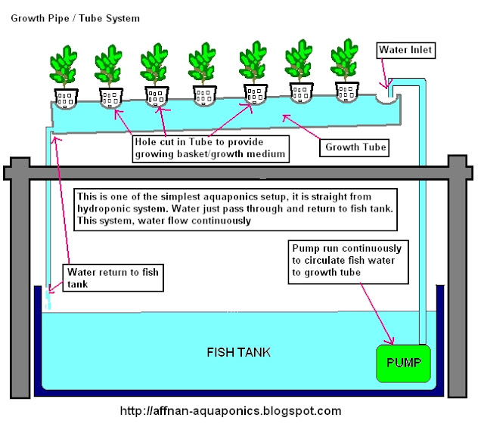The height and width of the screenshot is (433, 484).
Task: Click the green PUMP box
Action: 402,363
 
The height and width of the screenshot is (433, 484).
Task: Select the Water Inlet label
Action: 407,51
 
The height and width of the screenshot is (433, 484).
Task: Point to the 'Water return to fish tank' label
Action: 114,277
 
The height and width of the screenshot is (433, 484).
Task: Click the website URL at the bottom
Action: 231,411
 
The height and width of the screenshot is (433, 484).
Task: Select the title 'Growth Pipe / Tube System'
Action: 74,17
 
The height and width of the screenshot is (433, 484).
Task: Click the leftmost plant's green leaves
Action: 64,66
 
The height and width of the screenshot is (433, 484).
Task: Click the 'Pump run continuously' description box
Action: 349,261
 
